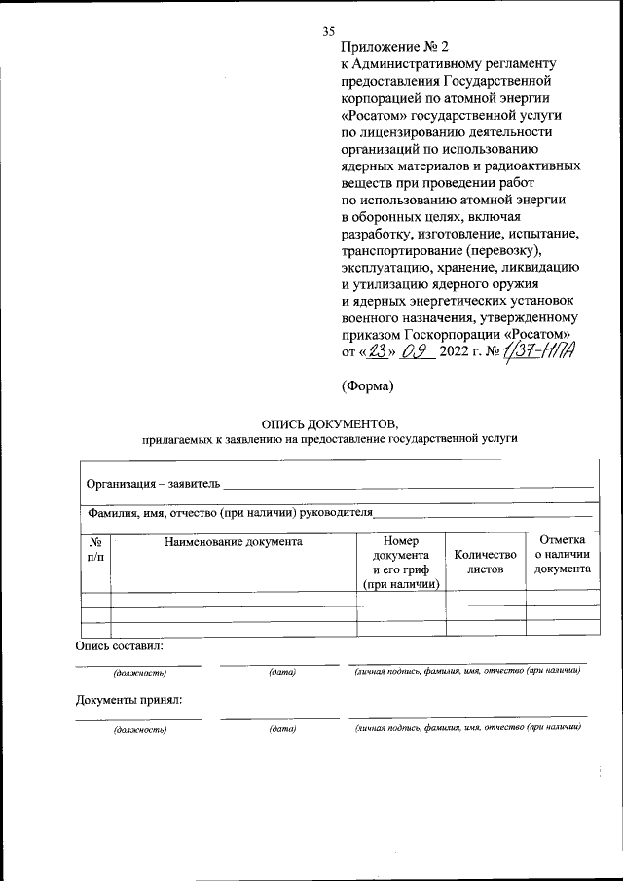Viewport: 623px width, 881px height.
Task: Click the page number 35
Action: pyautogui.click(x=328, y=32)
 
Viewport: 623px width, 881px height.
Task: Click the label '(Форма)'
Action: pyautogui.click(x=367, y=386)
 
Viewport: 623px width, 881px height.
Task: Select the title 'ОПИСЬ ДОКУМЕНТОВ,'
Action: pyautogui.click(x=330, y=423)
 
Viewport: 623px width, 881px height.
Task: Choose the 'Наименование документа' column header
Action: pyautogui.click(x=234, y=542)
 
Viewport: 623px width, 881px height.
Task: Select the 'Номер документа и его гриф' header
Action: pyautogui.click(x=400, y=562)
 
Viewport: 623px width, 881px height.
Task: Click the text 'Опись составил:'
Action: pyautogui.click(x=120, y=646)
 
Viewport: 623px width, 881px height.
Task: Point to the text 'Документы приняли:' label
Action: pyautogui.click(x=129, y=699)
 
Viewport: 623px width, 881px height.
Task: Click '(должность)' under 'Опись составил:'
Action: pyautogui.click(x=139, y=673)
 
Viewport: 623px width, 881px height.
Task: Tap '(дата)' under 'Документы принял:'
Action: pyautogui.click(x=282, y=729)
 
